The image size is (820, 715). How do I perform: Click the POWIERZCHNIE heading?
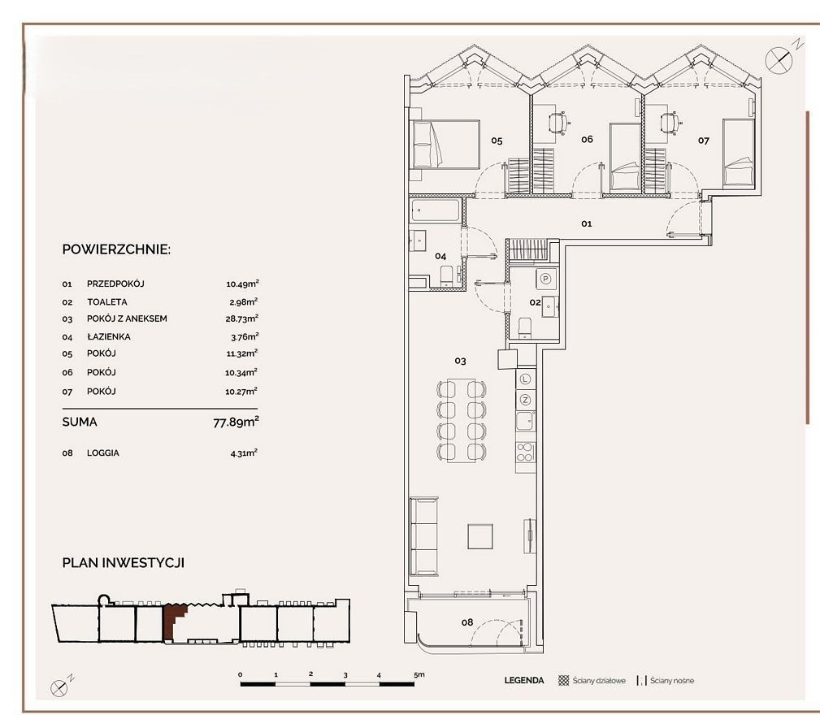click(116, 249)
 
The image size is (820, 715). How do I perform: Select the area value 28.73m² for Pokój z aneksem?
click(242, 318)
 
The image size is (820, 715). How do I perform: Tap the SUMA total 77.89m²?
click(236, 422)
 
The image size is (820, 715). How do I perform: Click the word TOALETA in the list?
click(107, 302)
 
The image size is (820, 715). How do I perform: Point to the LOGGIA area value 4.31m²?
click(244, 453)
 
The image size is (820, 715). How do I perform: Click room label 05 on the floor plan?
click(497, 141)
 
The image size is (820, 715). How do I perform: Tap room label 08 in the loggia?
click(467, 622)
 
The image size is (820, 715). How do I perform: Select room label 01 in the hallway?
click(587, 223)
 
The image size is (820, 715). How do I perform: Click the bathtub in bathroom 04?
click(436, 210)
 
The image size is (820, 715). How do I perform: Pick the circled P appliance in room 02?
click(546, 279)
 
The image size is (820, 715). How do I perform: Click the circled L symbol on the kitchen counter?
click(526, 379)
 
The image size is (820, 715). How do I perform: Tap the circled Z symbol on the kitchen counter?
click(526, 401)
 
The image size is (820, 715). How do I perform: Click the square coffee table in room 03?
click(480, 536)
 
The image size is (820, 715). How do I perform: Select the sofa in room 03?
click(423, 536)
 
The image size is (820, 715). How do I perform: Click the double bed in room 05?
click(445, 145)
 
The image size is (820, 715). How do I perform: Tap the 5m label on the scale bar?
click(419, 674)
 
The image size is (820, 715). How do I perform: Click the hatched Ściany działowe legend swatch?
click(564, 681)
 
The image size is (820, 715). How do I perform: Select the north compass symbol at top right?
click(779, 59)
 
